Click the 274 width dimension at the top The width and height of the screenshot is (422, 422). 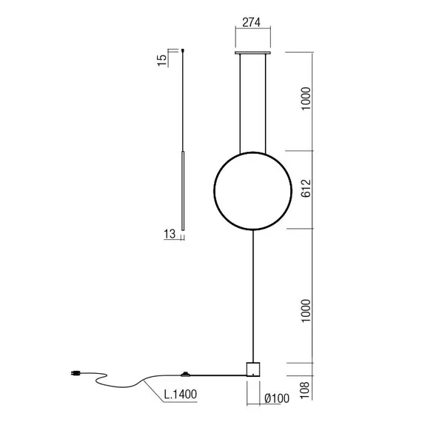(x=253, y=23)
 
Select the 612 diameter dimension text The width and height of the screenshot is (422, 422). (x=305, y=190)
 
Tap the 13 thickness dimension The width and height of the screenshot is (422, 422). (x=168, y=235)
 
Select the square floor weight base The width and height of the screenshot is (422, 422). (x=253, y=369)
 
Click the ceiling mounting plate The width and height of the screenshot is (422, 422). (x=253, y=53)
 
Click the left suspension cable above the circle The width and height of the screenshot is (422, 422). (x=238, y=104)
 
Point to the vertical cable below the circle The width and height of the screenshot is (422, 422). (x=253, y=296)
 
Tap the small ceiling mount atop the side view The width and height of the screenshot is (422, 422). (x=183, y=50)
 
